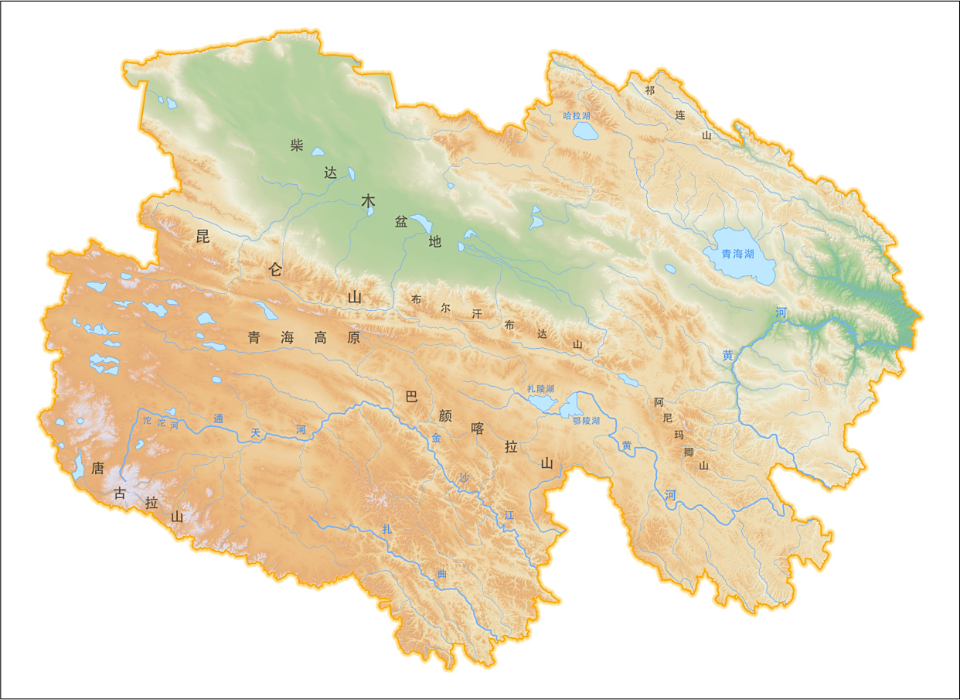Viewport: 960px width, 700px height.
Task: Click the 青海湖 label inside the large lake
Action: tap(737, 254)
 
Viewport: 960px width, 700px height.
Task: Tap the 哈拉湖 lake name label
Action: tap(577, 115)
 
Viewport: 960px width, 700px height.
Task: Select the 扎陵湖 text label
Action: tap(540, 388)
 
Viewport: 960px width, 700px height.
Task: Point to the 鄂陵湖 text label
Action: tap(586, 421)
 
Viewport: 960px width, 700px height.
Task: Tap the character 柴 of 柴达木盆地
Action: tap(297, 145)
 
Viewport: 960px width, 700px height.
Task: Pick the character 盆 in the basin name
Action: tap(401, 222)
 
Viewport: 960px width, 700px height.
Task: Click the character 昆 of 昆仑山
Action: tap(203, 237)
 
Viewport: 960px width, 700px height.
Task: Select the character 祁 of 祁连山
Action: tap(649, 90)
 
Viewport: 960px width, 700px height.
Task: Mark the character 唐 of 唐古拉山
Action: tap(97, 468)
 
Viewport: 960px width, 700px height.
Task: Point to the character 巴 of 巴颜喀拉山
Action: tap(411, 397)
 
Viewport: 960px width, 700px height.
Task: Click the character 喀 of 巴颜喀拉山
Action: tap(478, 429)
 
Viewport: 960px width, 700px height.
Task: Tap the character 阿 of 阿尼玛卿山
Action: tap(659, 402)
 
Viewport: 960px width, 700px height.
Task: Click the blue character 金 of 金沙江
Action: tap(436, 438)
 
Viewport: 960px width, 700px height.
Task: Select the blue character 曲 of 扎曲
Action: tap(442, 573)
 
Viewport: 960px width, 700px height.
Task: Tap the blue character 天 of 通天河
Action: tap(255, 432)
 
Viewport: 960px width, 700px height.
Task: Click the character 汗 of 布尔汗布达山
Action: tap(477, 313)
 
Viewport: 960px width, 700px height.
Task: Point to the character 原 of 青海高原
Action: tap(353, 337)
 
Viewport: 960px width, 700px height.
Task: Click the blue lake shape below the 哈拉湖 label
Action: tap(585, 131)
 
